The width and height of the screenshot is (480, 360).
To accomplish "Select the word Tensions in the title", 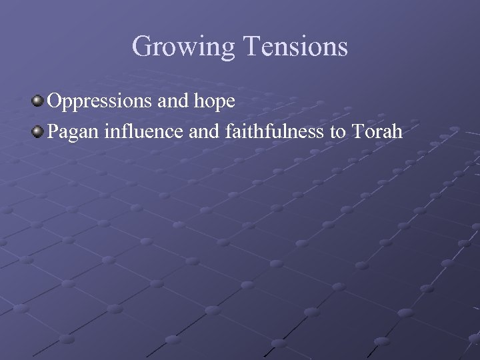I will point(296,47).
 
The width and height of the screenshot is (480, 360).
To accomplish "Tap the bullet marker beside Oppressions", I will point(39,101).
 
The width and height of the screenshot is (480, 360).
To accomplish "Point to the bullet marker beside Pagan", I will point(39,131).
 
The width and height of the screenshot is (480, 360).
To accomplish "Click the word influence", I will point(145,131).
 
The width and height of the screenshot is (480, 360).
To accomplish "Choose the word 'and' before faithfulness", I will point(203,131).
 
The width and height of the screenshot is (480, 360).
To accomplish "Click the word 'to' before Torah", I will point(338,132).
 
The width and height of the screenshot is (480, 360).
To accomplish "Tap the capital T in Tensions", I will point(252,47).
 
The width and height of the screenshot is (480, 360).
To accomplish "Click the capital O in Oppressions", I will point(55,101).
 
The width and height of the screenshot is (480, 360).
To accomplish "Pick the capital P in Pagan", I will point(54,131).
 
